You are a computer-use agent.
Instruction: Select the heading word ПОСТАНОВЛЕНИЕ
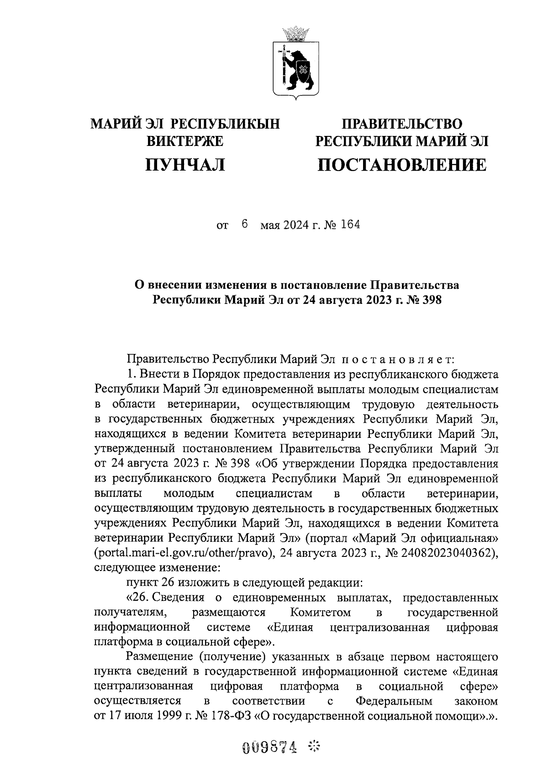pos(402,165)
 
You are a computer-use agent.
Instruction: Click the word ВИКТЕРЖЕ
pos(184,141)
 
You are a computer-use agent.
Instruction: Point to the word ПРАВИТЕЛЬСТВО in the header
pos(402,124)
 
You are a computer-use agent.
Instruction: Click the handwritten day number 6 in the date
pos(245,224)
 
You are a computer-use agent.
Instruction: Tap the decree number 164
pos(349,225)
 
